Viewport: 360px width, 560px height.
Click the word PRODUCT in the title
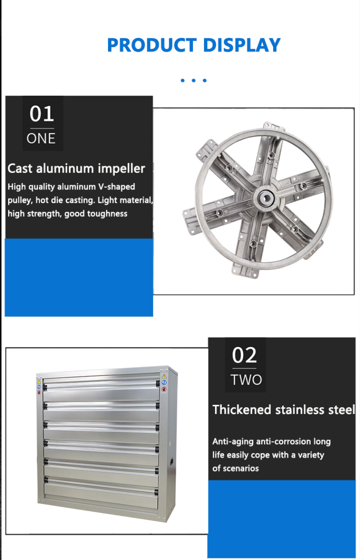[x=152, y=45]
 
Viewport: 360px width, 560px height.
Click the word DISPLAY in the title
[x=242, y=45]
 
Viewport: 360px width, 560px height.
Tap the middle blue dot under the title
[x=193, y=80]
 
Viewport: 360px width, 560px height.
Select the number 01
[x=42, y=114]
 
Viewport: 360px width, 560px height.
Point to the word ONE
[x=41, y=139]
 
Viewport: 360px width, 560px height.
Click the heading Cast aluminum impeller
[x=76, y=169]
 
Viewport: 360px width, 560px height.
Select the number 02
[x=244, y=355]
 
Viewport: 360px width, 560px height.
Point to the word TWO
[x=246, y=380]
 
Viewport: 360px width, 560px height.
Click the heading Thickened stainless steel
[x=284, y=410]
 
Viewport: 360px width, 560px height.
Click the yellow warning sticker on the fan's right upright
[x=164, y=376]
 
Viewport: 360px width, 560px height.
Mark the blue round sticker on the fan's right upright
[x=164, y=382]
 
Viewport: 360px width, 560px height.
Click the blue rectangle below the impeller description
[x=79, y=278]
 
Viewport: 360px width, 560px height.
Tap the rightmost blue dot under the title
[x=204, y=80]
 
